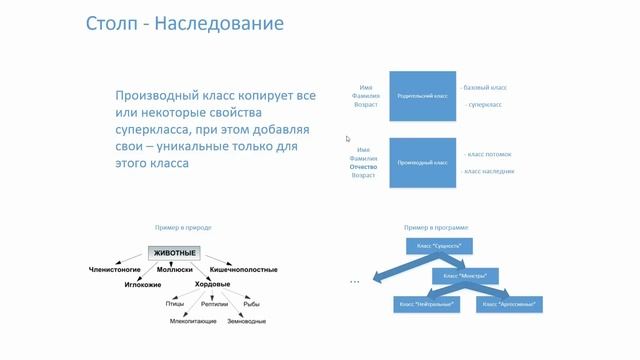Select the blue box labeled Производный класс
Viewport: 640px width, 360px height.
422,161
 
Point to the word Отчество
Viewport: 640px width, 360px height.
363,166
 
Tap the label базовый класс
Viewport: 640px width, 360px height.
488,87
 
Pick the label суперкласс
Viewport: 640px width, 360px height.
484,104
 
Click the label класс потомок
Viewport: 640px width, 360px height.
489,154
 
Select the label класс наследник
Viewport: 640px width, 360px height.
489,171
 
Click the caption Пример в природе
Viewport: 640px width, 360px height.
182,228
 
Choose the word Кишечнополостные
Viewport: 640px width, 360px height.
243,270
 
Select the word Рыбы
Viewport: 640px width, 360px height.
252,304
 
